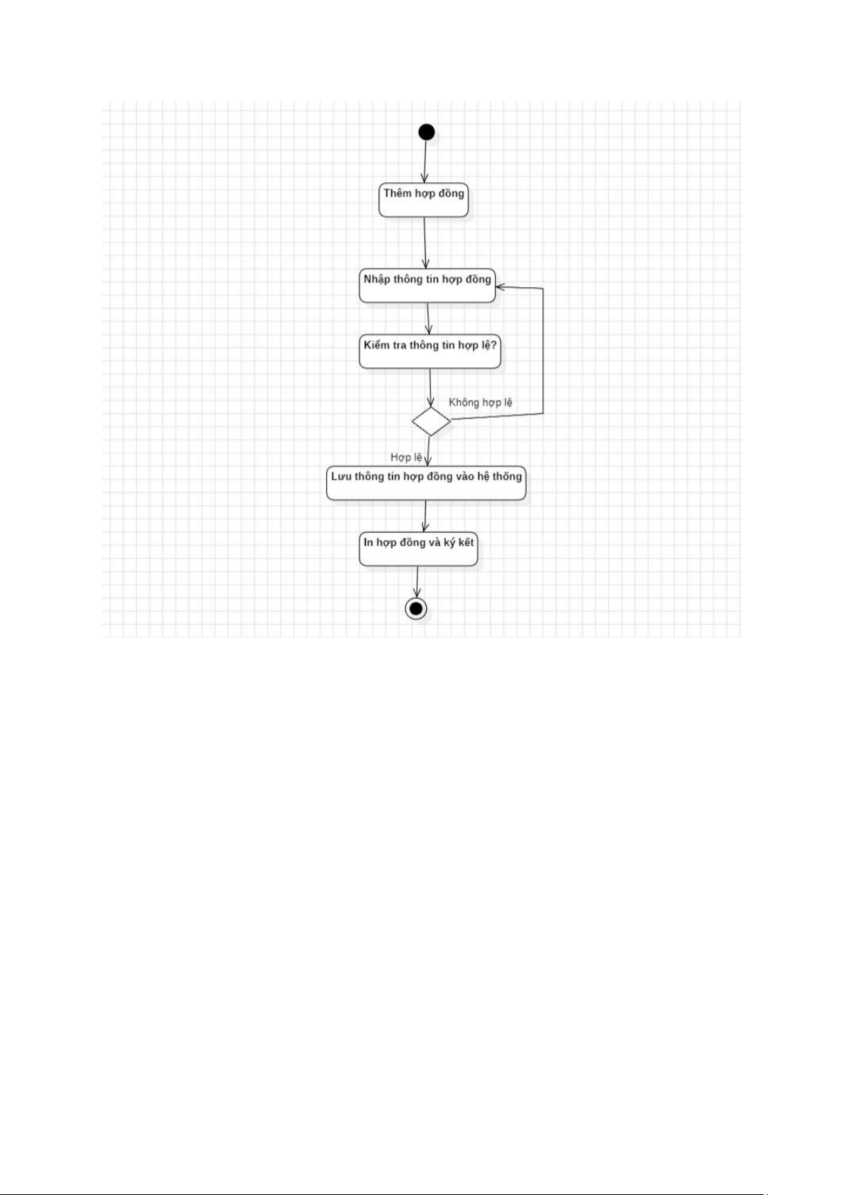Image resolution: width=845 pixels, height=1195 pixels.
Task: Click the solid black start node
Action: tap(427, 132)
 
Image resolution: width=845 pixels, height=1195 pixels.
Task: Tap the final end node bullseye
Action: tap(416, 608)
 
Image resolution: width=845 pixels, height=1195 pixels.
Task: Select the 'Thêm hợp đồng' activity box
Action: tap(424, 200)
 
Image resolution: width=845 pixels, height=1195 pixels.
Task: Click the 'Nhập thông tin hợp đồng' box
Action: tap(427, 285)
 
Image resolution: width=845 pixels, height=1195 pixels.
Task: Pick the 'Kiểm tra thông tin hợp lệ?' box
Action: tap(430, 351)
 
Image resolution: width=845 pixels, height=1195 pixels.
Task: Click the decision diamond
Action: tap(431, 421)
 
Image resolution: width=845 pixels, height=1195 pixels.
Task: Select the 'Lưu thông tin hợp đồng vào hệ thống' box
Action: tap(426, 483)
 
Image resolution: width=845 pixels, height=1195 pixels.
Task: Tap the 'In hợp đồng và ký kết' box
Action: tap(418, 548)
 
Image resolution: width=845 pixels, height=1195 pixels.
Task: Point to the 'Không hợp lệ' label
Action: tap(481, 402)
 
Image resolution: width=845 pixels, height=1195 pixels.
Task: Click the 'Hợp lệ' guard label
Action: tap(406, 457)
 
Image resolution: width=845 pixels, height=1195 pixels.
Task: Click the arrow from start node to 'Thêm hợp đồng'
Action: tap(425, 162)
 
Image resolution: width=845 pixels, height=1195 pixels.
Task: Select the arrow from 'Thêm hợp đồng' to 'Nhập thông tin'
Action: tap(425, 243)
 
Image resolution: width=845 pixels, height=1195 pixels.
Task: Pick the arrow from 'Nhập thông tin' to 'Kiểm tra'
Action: tap(429, 318)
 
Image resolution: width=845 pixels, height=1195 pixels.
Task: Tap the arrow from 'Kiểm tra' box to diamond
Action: tap(431, 387)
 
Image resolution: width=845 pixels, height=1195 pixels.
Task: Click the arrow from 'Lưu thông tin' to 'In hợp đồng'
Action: tap(425, 516)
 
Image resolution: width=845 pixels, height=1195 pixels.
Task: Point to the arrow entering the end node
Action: tap(417, 582)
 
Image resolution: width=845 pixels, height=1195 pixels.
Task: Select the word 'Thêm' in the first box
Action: tap(398, 193)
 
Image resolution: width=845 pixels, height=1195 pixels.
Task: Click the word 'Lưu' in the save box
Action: tap(341, 477)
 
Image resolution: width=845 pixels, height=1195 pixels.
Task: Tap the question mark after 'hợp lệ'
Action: tap(493, 345)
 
